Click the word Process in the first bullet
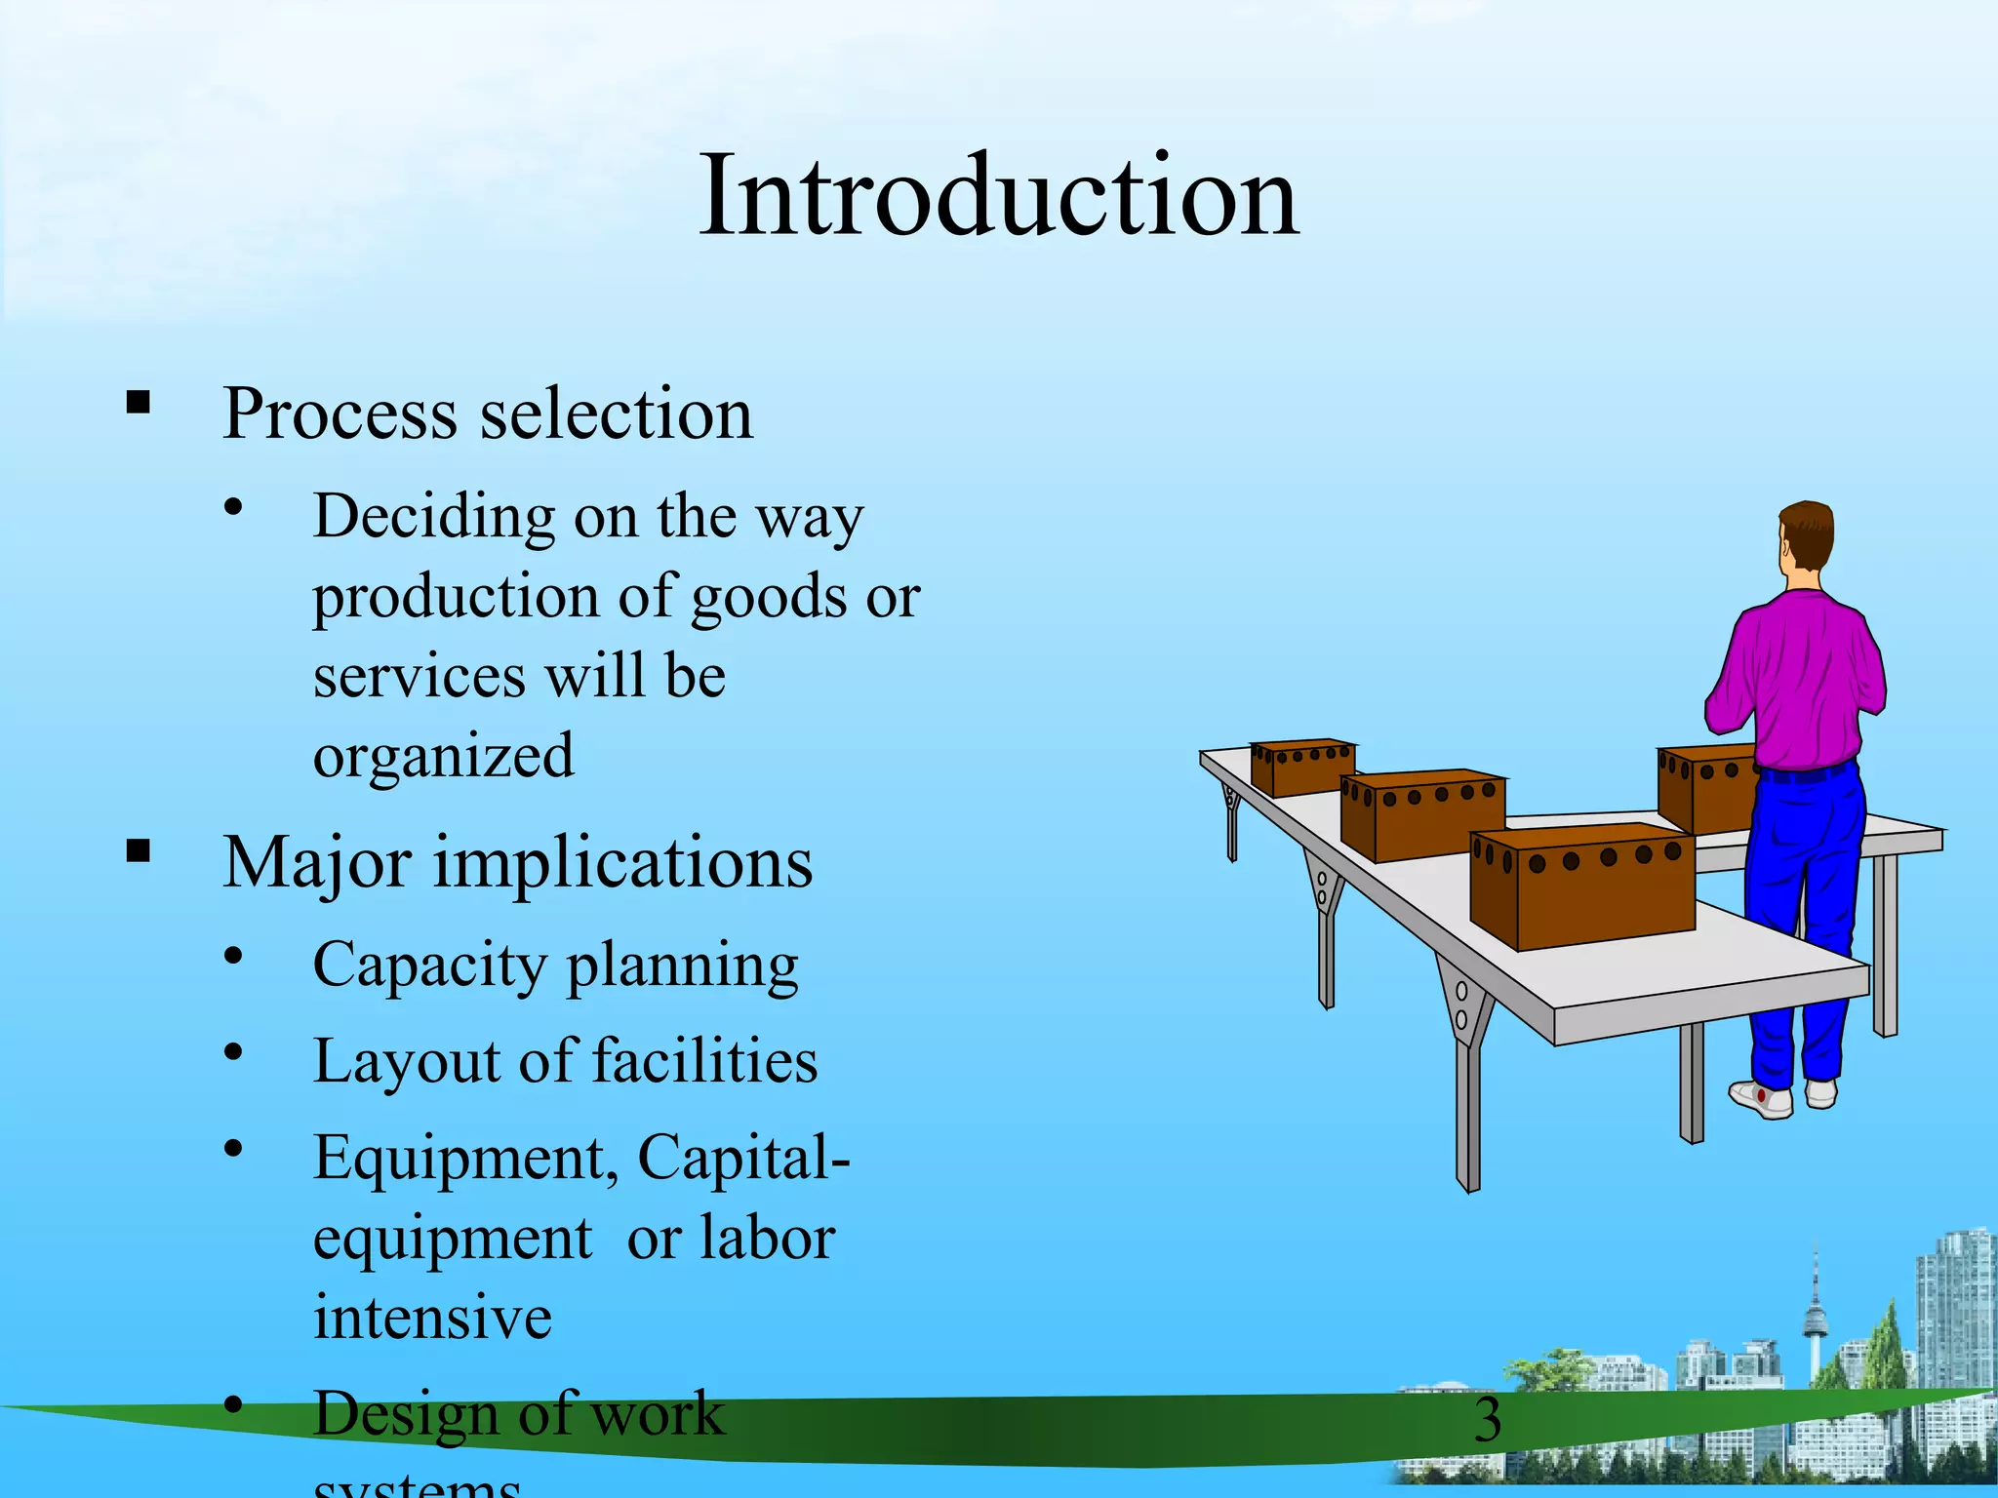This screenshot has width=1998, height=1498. pyautogui.click(x=339, y=414)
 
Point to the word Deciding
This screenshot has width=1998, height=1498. pyautogui.click(x=433, y=517)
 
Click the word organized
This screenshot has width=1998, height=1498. pyautogui.click(x=443, y=757)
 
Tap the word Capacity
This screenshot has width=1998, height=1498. pyautogui.click(x=429, y=966)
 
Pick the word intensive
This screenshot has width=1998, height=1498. pyautogui.click(x=432, y=1318)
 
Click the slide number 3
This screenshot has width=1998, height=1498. pyautogui.click(x=1487, y=1420)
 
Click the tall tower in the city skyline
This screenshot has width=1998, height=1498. pyautogui.click(x=1815, y=1317)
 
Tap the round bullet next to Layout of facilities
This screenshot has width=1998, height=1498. pyautogui.click(x=232, y=1053)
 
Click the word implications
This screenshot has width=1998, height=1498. pyautogui.click(x=622, y=864)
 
